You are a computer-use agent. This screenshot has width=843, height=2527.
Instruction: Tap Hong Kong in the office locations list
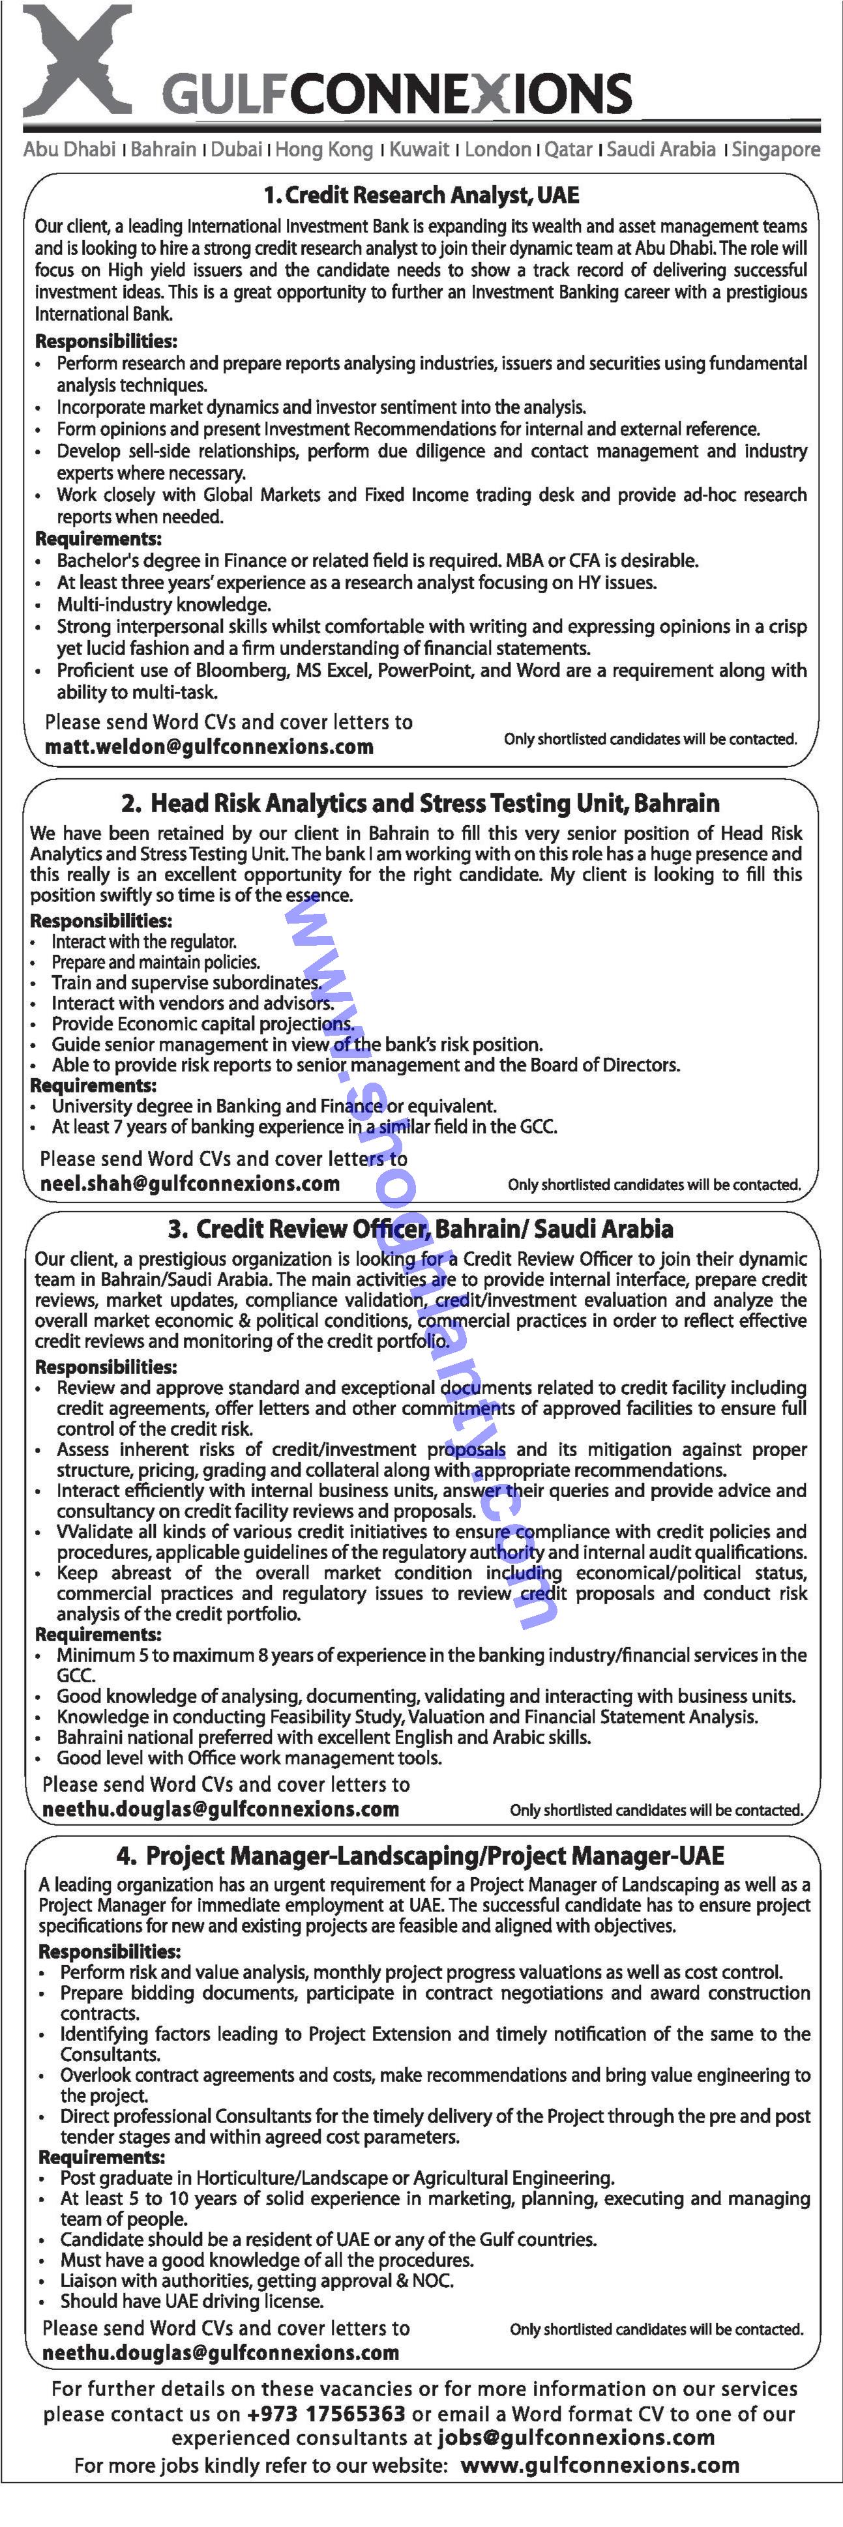(324, 149)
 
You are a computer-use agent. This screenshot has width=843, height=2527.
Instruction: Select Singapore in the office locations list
(775, 149)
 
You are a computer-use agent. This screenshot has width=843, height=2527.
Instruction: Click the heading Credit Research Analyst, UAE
(421, 196)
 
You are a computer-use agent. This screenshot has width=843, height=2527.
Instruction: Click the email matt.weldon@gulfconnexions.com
(209, 746)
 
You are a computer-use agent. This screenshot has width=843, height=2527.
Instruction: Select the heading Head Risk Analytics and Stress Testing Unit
(420, 804)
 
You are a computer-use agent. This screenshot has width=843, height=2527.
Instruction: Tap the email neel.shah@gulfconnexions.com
(190, 1183)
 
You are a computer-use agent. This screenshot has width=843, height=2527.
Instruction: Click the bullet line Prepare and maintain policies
(155, 962)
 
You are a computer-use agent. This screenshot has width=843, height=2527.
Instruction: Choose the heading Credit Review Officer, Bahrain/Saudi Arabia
(420, 1229)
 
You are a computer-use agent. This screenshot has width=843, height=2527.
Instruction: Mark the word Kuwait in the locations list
(419, 149)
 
